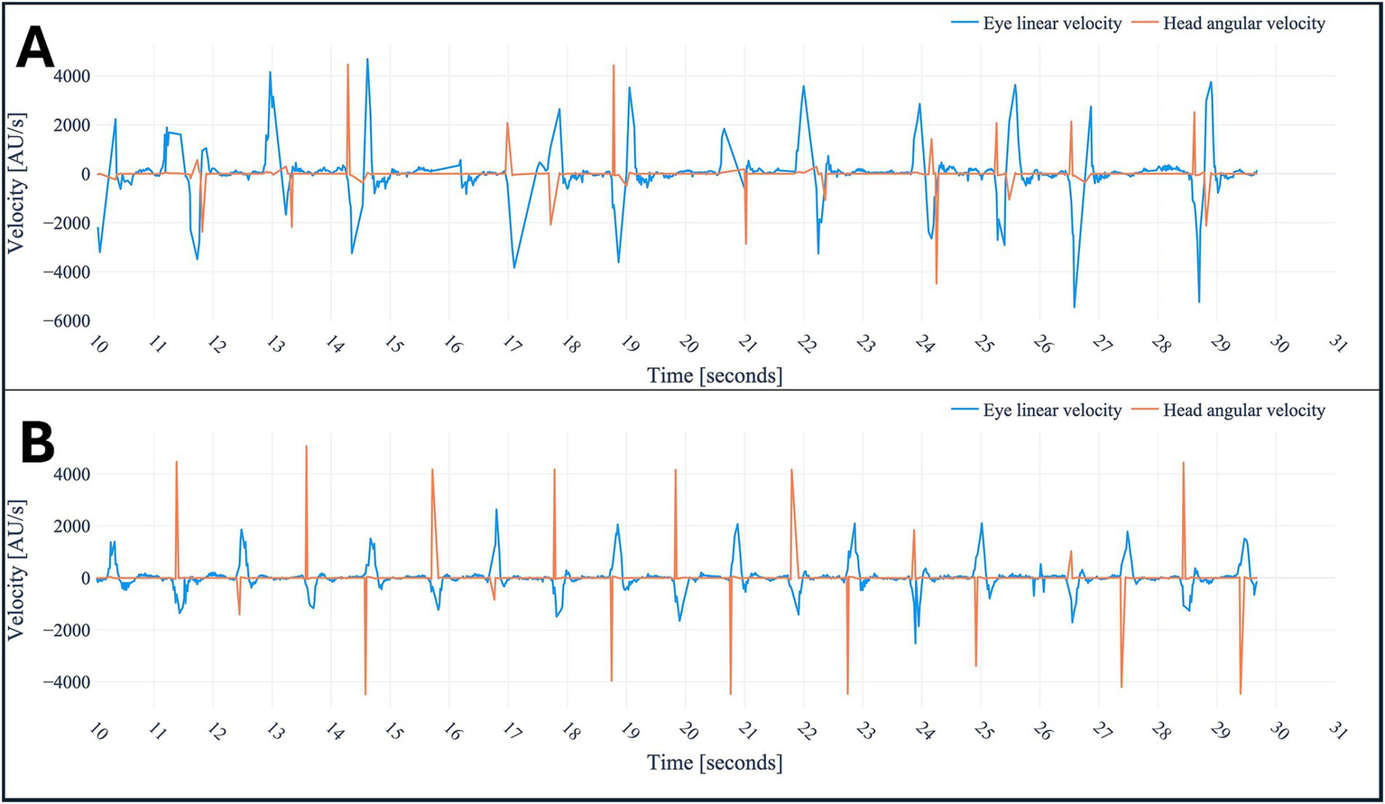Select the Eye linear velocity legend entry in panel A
(1051, 23)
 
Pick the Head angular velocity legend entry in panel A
(1243, 23)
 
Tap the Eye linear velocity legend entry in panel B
(1051, 411)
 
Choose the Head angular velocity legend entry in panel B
(1243, 411)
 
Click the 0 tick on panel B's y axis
(85, 578)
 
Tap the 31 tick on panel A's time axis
(1337, 344)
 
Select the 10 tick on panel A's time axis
(98, 344)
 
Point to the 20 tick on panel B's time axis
(688, 731)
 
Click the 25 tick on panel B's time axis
(983, 731)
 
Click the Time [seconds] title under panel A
(715, 375)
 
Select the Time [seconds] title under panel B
(715, 762)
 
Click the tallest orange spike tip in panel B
(307, 446)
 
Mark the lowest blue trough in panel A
(1074, 308)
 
